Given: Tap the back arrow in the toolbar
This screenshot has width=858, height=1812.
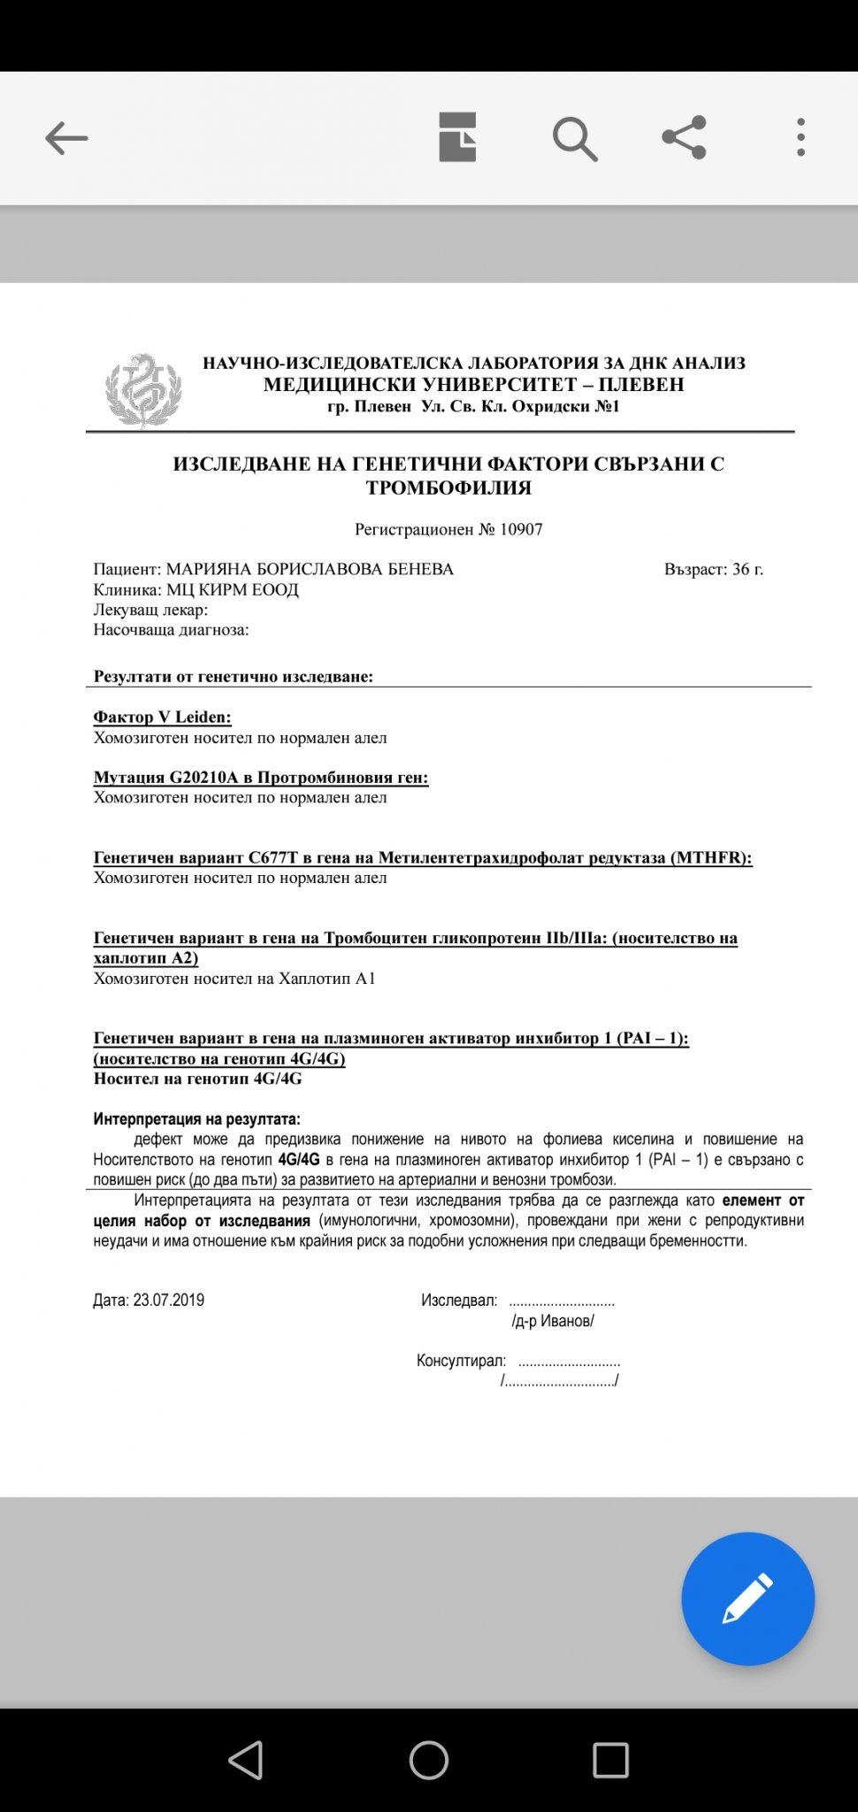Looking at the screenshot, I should (66, 138).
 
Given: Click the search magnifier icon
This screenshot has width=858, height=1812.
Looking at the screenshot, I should (575, 139).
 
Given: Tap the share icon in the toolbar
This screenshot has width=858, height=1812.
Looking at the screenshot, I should (684, 137).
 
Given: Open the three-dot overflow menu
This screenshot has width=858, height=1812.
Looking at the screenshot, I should (801, 138).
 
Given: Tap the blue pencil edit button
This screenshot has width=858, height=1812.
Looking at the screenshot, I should (747, 1599).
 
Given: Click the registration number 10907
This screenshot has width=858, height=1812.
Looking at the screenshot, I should (521, 529).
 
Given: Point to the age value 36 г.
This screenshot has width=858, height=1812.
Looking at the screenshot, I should (747, 569).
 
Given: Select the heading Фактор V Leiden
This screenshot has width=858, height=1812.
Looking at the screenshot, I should (162, 717).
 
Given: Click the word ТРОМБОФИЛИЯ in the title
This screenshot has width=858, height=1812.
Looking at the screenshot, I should (448, 488).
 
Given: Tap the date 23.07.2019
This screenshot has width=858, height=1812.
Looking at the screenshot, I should (168, 1300).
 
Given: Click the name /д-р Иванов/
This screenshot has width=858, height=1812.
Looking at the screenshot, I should (553, 1321).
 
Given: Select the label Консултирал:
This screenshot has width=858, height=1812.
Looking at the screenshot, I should (461, 1360).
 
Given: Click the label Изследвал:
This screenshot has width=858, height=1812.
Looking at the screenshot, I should (459, 1300).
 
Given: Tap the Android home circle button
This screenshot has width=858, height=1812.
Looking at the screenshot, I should (429, 1760).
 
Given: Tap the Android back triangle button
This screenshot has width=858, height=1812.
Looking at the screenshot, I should (246, 1760).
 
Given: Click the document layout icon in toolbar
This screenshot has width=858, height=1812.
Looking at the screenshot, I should (457, 137).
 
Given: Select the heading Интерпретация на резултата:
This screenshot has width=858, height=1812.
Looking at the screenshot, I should (196, 1119).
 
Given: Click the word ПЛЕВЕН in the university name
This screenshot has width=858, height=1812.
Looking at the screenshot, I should (641, 385).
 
